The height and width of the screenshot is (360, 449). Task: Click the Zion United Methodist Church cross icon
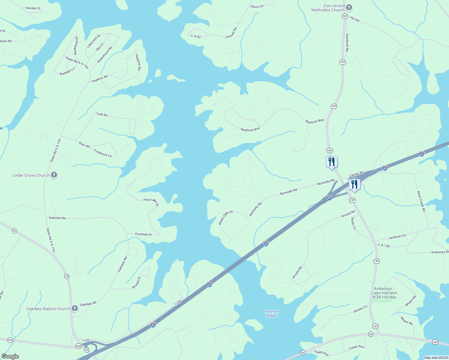[349, 7]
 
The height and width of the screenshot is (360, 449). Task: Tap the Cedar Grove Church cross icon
[54, 175]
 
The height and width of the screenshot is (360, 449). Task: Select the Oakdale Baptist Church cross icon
[75, 308]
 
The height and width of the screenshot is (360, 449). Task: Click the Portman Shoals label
[272, 313]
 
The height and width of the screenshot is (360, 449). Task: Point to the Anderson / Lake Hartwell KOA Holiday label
[384, 293]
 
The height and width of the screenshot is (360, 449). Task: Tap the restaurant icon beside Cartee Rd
[354, 184]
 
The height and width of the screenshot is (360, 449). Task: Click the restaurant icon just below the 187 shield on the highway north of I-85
[332, 162]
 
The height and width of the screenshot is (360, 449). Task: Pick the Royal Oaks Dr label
[226, 217]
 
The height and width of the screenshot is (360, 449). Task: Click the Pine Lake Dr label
[151, 201]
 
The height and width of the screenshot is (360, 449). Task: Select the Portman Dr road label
[143, 234]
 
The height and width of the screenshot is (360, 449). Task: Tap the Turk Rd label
[102, 114]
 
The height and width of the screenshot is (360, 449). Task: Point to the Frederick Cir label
[103, 153]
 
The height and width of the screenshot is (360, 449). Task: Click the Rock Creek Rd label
[421, 201]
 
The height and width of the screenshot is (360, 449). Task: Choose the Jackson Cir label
[397, 237]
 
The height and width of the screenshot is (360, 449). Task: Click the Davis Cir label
[257, 6]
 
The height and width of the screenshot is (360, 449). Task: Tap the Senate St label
[33, 8]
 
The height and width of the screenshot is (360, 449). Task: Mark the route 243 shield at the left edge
[11, 340]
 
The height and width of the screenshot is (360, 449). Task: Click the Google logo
[10, 356]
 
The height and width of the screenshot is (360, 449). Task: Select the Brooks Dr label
[136, 283]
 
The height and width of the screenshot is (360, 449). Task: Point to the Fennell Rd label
[231, 33]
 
